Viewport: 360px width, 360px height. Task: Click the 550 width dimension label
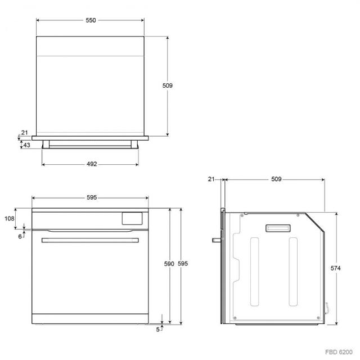(x=91, y=20)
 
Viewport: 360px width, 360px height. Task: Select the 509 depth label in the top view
(x=168, y=85)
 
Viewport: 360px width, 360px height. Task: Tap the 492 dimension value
(x=92, y=164)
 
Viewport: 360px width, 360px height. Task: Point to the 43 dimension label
(x=26, y=145)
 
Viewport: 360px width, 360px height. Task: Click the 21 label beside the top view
(x=25, y=133)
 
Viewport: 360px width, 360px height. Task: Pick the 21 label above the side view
(x=211, y=179)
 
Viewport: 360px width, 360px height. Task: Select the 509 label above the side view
(x=276, y=179)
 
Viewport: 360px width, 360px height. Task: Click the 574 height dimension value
(x=335, y=268)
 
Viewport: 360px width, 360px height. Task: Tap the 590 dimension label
(x=169, y=264)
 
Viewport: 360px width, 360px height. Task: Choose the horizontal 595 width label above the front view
(x=92, y=197)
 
